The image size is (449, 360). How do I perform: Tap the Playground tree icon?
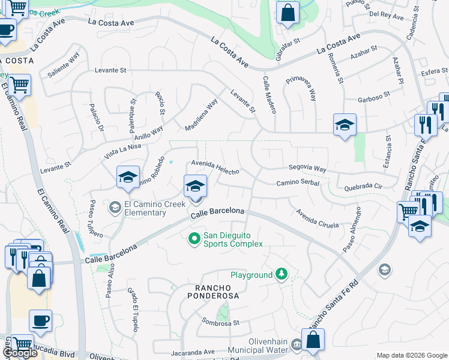(281, 275)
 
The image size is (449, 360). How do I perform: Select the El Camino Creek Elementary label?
(145, 208)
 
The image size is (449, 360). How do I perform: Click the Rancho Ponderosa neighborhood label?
(204, 291)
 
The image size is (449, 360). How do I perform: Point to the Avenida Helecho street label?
(215, 167)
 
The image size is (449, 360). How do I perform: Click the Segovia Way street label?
(307, 169)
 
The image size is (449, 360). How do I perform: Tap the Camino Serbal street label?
(297, 184)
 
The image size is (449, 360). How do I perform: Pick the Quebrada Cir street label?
(363, 187)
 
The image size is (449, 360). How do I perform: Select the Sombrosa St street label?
(220, 322)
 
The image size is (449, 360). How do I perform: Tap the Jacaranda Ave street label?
(192, 352)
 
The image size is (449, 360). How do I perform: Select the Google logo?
(20, 353)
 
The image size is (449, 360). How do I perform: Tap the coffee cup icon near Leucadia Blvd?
(40, 321)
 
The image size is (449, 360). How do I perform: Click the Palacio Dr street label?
(97, 120)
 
